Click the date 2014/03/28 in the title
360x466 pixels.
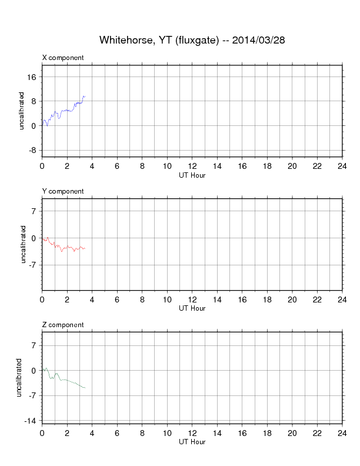click(259, 40)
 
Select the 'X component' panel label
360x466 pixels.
click(63, 58)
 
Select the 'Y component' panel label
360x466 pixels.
click(63, 191)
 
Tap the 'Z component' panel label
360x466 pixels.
click(63, 325)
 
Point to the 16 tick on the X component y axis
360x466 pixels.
click(32, 77)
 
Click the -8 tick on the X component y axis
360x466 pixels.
click(33, 150)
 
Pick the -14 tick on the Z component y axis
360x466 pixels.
click(31, 420)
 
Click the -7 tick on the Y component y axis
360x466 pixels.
click(33, 265)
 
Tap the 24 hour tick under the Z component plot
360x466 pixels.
click(342, 433)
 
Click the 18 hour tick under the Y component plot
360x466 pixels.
click(267, 299)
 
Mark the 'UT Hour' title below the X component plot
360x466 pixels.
click(192, 174)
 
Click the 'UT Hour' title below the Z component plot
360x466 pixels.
click(192, 441)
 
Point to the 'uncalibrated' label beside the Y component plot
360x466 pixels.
click(24, 244)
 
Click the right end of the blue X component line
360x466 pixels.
click(85, 96)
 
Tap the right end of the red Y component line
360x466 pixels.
click(85, 248)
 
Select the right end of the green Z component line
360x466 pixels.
click(85, 388)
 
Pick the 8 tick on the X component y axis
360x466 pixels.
click(35, 101)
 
